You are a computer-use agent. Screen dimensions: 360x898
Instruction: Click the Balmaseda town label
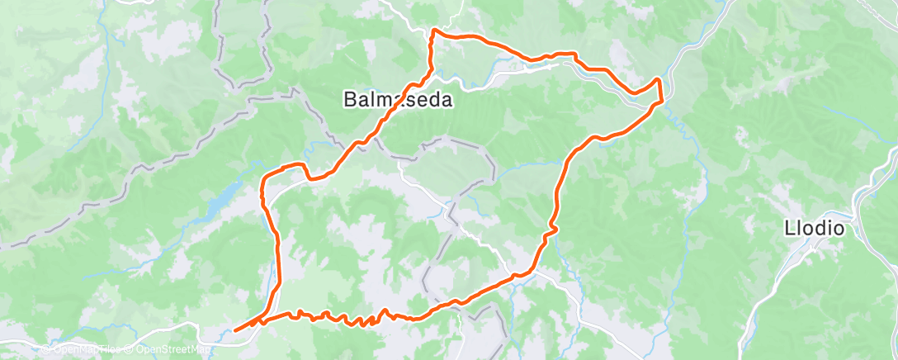click(x=398, y=101)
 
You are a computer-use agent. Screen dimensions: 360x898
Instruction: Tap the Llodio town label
click(x=814, y=229)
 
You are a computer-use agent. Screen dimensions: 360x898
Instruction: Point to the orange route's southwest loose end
click(x=236, y=330)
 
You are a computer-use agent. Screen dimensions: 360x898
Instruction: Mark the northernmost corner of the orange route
click(x=433, y=31)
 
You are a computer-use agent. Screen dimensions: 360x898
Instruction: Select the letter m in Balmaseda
click(x=384, y=101)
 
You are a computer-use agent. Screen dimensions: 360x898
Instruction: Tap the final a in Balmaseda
click(x=447, y=101)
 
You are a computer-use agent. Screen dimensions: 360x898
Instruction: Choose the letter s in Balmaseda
click(x=410, y=101)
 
